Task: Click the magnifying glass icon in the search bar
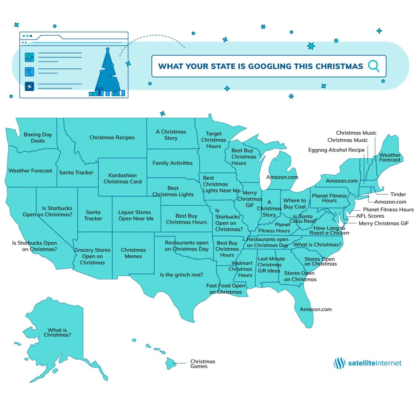[x=374, y=66]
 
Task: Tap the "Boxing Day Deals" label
[x=38, y=138]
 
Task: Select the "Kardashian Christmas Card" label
[x=123, y=178]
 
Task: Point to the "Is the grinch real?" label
[x=181, y=275]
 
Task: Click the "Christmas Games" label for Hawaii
[x=203, y=364]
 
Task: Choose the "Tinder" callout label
[x=398, y=194]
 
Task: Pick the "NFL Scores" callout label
[x=370, y=216]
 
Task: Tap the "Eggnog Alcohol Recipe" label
[x=336, y=150]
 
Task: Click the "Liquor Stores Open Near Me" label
[x=136, y=215]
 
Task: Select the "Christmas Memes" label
[x=133, y=253]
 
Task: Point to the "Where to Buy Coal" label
[x=295, y=203]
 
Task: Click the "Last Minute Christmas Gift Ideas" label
[x=271, y=265]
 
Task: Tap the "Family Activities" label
[x=172, y=163]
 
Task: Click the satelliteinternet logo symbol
[x=339, y=363]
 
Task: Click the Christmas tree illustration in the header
[x=108, y=73]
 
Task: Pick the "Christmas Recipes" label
[x=112, y=138]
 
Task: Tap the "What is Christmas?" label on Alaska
[x=57, y=333]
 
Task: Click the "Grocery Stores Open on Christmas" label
[x=92, y=256]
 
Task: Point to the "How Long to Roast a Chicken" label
[x=329, y=230]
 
